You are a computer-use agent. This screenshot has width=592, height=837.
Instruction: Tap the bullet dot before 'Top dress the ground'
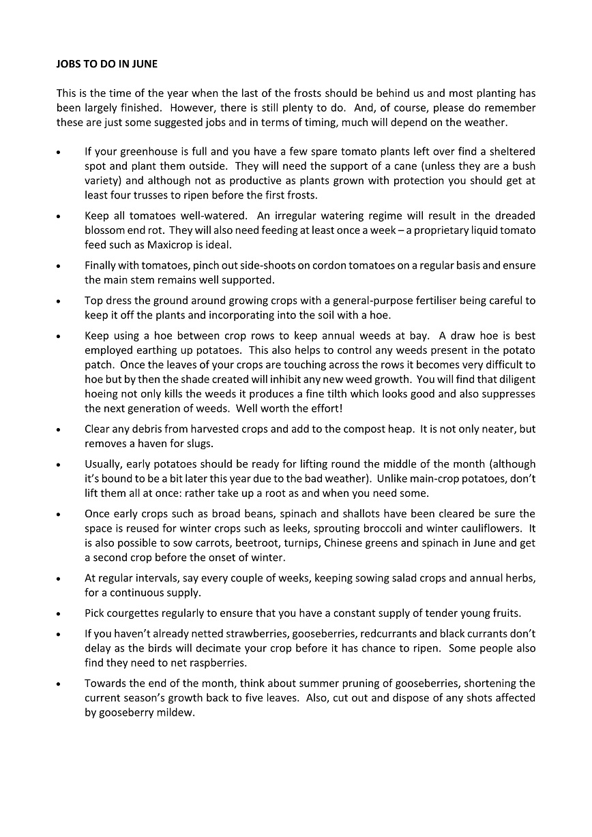59,301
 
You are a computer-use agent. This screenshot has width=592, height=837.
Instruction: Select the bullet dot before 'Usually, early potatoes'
59,465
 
